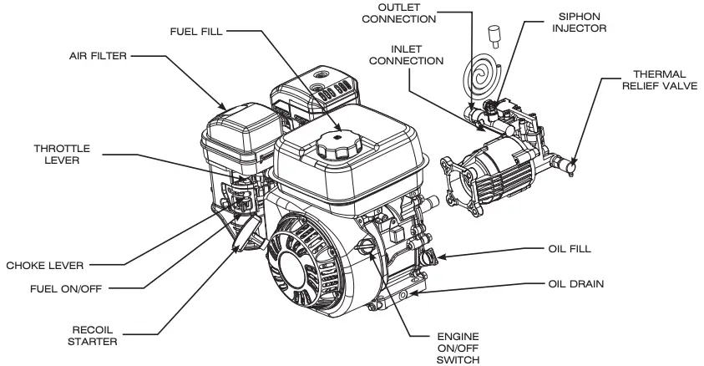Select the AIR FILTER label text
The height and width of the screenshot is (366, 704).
coord(99,58)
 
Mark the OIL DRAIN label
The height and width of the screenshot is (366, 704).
coord(575,284)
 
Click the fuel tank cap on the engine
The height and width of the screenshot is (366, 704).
coord(338,150)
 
